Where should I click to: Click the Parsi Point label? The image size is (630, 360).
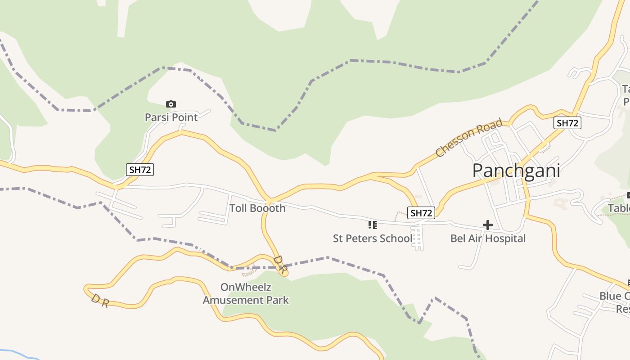tap(171, 117)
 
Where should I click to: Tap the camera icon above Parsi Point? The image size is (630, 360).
tap(171, 104)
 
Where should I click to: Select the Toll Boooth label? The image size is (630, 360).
tap(257, 208)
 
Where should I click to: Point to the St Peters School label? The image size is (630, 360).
tap(372, 238)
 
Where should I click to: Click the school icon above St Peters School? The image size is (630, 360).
tap(372, 225)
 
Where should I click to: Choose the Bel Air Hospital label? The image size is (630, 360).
tap(488, 238)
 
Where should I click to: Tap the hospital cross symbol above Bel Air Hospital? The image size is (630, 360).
tap(487, 225)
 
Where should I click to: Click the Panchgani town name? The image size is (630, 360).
tap(516, 171)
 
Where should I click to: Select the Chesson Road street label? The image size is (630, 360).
tap(469, 138)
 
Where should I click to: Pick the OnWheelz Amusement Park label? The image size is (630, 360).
tap(246, 293)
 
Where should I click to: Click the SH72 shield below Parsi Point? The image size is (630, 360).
tap(140, 170)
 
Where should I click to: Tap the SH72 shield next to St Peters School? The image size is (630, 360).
tap(421, 213)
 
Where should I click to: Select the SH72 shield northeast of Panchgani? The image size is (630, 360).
tap(567, 123)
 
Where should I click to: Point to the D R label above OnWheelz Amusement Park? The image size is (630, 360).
tap(279, 264)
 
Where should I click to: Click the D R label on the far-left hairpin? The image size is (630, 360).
tap(99, 301)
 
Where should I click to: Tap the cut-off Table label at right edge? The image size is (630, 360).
tap(618, 208)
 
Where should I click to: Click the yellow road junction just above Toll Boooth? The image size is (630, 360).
tap(270, 200)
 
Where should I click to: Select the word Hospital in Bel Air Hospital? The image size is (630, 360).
tap(505, 238)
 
